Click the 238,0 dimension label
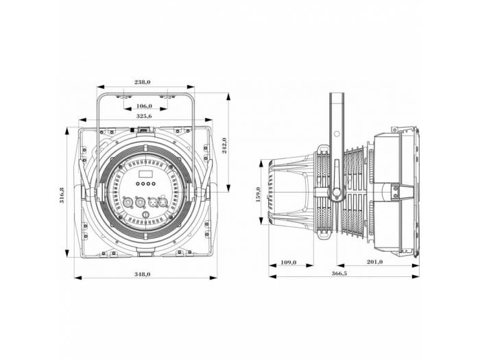point(143,82)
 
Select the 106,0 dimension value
point(144,106)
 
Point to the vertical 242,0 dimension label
point(224,145)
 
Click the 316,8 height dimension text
point(62,196)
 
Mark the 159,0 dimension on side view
point(259,194)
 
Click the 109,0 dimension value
point(289,261)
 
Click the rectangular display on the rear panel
point(145,173)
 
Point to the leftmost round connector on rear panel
point(127,202)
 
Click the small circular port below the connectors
point(145,217)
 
